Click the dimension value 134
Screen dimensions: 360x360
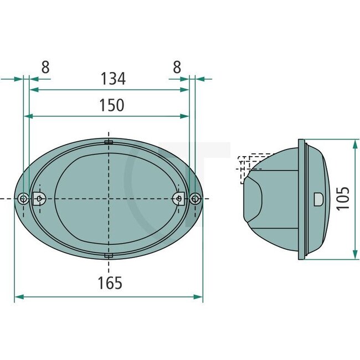[x=113, y=79]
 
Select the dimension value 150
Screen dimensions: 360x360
[x=111, y=105]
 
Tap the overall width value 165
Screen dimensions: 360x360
[x=110, y=284]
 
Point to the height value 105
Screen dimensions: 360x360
[x=343, y=198]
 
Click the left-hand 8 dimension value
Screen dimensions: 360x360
[x=45, y=67]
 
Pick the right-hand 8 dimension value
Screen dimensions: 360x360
[x=177, y=67]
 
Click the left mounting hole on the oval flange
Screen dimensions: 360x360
[x=22, y=199]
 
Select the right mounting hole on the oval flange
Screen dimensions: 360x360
[x=194, y=199]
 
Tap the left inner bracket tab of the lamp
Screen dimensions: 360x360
[x=39, y=198]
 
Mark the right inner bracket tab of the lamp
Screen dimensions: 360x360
[x=179, y=198]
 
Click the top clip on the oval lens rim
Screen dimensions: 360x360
[x=109, y=142]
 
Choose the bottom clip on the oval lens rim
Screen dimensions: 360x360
[x=109, y=255]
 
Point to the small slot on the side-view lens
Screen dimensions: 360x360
[x=318, y=198]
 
